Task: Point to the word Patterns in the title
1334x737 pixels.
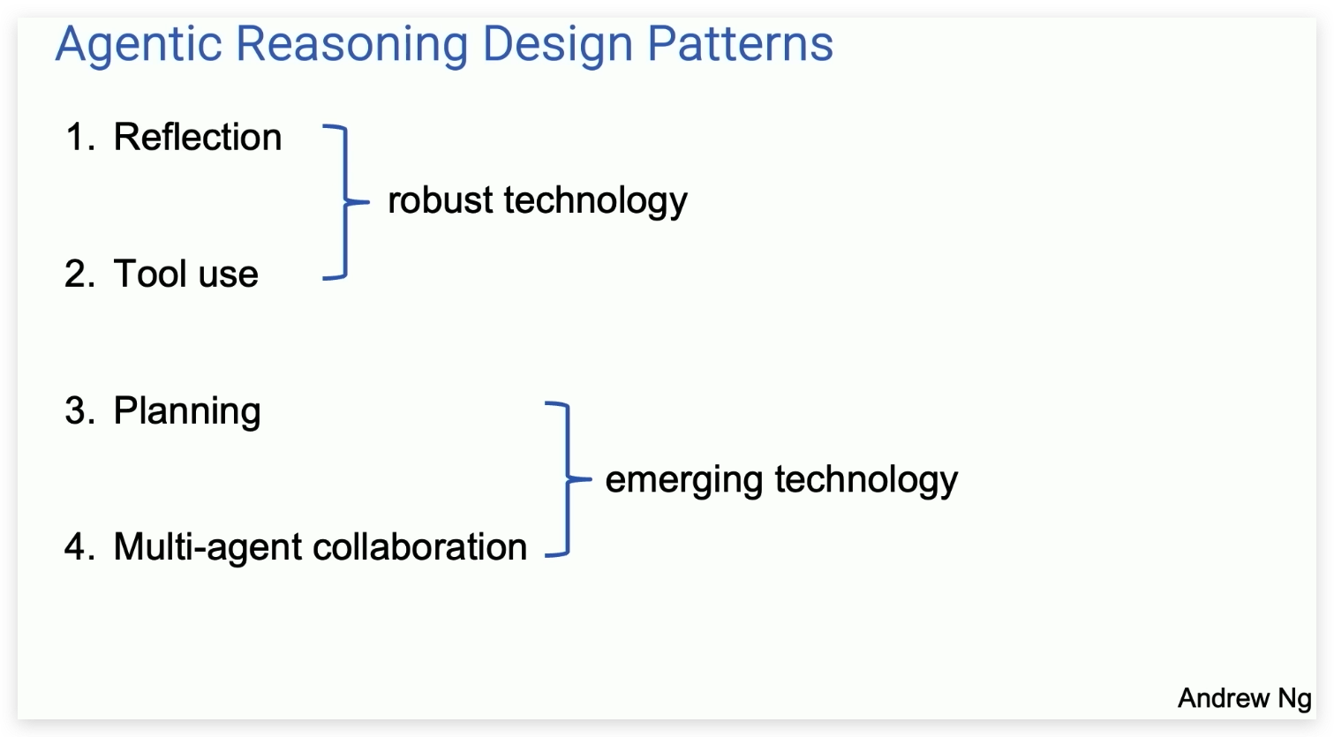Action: pyautogui.click(x=740, y=44)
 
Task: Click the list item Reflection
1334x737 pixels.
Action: pyautogui.click(x=198, y=138)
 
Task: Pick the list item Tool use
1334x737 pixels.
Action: pyautogui.click(x=185, y=274)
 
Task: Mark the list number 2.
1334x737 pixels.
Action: pyautogui.click(x=79, y=274)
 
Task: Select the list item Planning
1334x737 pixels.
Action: pyautogui.click(x=187, y=411)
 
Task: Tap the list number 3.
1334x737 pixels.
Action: pyautogui.click(x=79, y=411)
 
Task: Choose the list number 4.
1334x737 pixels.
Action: pyautogui.click(x=79, y=547)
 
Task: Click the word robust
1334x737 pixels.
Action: pyautogui.click(x=441, y=200)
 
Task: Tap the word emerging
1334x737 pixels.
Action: pyautogui.click(x=684, y=480)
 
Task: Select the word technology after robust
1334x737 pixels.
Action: pyautogui.click(x=595, y=201)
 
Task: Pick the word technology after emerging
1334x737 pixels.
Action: pyautogui.click(x=866, y=480)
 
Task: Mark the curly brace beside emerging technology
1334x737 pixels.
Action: pyautogui.click(x=566, y=479)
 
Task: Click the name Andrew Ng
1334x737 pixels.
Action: pyautogui.click(x=1244, y=698)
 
